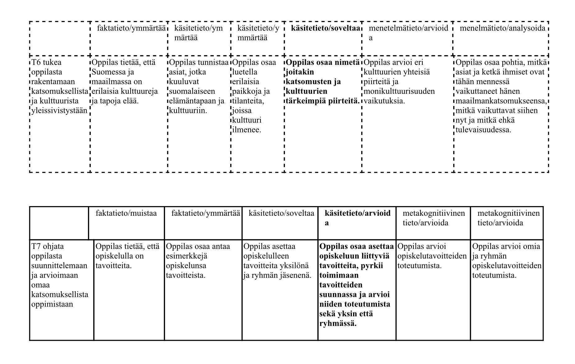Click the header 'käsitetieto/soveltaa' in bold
click(x=325, y=28)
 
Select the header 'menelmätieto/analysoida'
click(x=502, y=28)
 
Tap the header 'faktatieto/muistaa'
click(x=126, y=213)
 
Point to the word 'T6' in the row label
click(x=36, y=62)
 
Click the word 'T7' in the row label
click(x=36, y=247)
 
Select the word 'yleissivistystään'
click(x=59, y=111)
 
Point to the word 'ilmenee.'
click(x=247, y=130)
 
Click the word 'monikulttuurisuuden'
click(x=399, y=91)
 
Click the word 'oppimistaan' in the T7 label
click(x=52, y=304)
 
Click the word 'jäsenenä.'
click(x=297, y=275)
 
